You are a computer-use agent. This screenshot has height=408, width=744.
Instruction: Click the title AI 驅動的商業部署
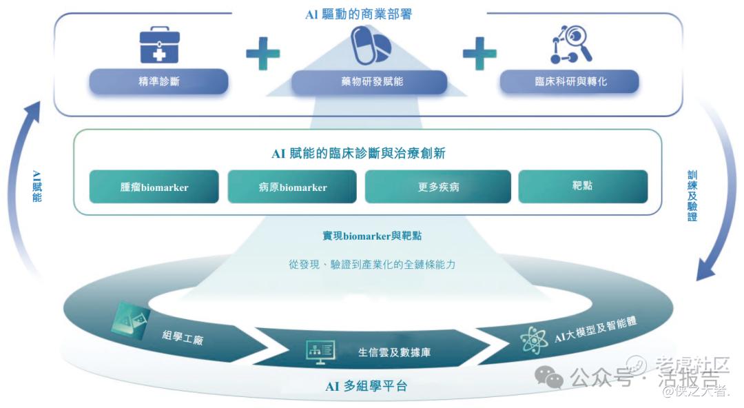[358, 14]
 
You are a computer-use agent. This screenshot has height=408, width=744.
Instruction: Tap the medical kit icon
[159, 46]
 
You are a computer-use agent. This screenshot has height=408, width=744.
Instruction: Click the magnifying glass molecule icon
[571, 45]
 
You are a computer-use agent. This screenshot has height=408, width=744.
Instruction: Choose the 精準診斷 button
[158, 81]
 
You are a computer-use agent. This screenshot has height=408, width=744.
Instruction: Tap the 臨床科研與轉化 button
[570, 81]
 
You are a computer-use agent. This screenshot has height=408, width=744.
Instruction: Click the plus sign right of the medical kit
[263, 53]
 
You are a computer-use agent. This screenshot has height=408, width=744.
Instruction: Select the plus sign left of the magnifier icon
[479, 53]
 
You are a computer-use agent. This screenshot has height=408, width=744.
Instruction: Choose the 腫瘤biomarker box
[154, 187]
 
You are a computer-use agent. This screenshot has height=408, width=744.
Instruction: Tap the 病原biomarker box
[293, 187]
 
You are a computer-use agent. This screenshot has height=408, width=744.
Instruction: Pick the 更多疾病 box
[438, 187]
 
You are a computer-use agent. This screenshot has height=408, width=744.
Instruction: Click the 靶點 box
[583, 186]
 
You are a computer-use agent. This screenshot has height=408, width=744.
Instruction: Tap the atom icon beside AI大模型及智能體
[533, 340]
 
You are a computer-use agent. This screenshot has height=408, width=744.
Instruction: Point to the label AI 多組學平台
[366, 386]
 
